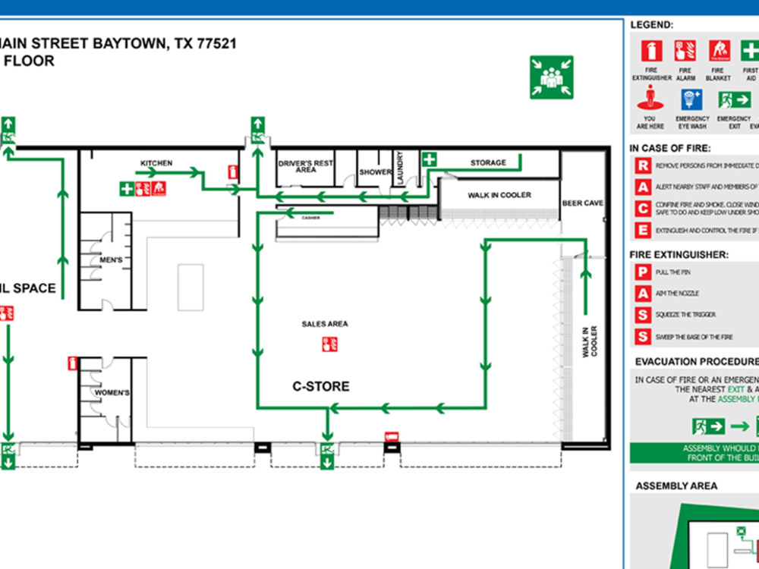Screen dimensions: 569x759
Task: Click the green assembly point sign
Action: point(551,77)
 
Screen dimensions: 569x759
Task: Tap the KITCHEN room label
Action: point(156,163)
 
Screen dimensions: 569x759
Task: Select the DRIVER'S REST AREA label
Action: point(306,166)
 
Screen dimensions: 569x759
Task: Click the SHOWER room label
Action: point(375,172)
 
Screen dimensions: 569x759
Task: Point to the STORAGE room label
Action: point(488,163)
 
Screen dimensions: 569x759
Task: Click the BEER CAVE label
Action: point(582,203)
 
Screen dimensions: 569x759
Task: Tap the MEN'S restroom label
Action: point(111,261)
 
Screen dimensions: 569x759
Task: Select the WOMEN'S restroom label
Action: point(112,393)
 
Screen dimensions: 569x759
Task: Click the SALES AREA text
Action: point(325,324)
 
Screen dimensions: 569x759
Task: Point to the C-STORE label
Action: point(321,386)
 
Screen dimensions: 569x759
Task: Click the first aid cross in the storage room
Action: point(430,159)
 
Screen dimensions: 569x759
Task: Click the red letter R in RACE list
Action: point(643,165)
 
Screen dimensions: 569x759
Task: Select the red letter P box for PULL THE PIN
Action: point(643,272)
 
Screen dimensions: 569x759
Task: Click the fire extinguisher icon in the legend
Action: point(652,52)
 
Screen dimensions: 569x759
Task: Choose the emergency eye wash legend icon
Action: point(692,100)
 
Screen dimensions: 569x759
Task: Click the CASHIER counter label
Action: point(310,218)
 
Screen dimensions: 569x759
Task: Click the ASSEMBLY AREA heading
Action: point(676,486)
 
